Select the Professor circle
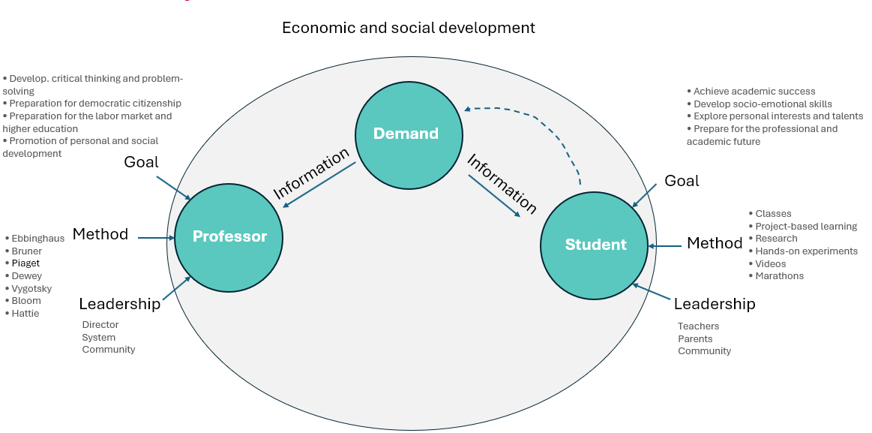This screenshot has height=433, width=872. point(229,237)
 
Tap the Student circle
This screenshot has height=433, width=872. point(595,245)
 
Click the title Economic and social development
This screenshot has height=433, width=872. point(408,29)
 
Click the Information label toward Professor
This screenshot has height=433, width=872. point(311,173)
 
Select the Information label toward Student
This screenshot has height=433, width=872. point(502,183)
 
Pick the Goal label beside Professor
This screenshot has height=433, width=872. point(141,162)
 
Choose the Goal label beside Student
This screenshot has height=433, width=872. point(682,181)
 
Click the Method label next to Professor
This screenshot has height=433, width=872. point(100,234)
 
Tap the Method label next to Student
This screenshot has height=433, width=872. point(715,243)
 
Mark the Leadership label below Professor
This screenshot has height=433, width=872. point(119,304)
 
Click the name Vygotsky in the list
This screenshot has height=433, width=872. point(31,288)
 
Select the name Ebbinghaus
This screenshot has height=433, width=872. point(37,239)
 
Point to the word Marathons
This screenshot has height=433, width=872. point(779,276)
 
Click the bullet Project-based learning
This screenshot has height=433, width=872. point(805,227)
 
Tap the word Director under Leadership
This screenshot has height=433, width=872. point(100,325)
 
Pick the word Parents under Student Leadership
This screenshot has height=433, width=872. point(695,338)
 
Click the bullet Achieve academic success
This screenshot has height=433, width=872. point(754,92)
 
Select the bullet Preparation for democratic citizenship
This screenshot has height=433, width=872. point(94,104)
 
